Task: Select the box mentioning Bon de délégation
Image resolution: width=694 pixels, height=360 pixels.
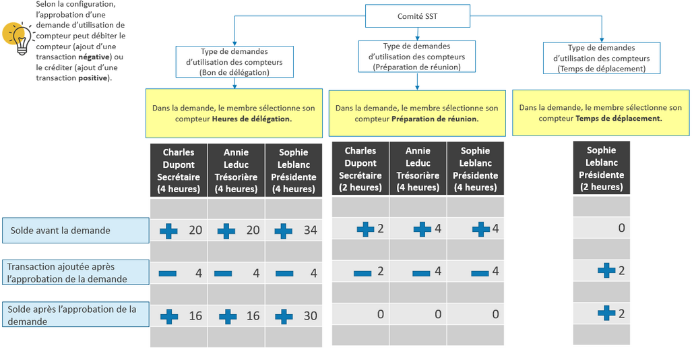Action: click(x=234, y=61)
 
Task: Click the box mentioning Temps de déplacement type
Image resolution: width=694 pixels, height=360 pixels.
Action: click(x=601, y=58)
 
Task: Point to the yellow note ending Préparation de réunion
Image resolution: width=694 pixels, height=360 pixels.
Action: click(x=416, y=113)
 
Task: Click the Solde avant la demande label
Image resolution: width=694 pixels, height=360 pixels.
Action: click(x=75, y=231)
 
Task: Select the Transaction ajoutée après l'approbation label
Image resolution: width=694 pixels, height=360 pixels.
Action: click(x=75, y=273)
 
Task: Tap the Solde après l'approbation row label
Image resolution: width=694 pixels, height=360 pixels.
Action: click(x=75, y=315)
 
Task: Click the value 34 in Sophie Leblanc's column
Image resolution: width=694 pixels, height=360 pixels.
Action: click(x=310, y=231)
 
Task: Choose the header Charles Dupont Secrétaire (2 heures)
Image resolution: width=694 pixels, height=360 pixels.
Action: click(x=360, y=169)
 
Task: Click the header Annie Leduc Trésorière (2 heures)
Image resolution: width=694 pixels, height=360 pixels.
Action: click(x=417, y=169)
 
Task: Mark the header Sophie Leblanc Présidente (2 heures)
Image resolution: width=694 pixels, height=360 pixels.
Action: click(x=601, y=169)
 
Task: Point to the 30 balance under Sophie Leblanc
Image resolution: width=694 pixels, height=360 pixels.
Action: click(x=310, y=316)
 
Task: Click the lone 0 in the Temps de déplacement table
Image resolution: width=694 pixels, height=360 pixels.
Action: click(x=621, y=228)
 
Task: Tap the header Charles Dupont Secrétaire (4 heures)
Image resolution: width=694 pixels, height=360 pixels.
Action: click(x=179, y=171)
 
